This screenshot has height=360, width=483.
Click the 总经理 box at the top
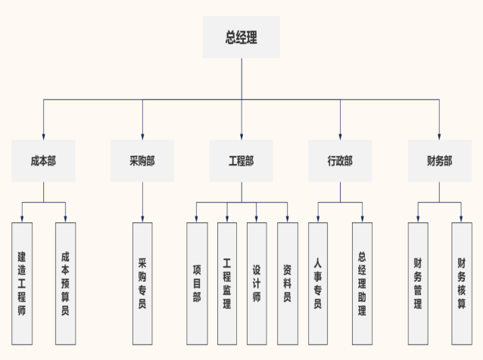241,37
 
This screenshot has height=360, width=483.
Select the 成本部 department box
43,160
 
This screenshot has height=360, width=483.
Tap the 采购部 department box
142,160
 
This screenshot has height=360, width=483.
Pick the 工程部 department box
241,160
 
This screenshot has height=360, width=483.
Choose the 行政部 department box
340,160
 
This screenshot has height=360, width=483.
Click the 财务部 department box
439,160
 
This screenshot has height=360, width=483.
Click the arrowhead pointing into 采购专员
142,219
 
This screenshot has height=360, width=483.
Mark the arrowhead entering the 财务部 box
439,135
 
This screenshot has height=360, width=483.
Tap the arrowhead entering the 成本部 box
43,135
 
